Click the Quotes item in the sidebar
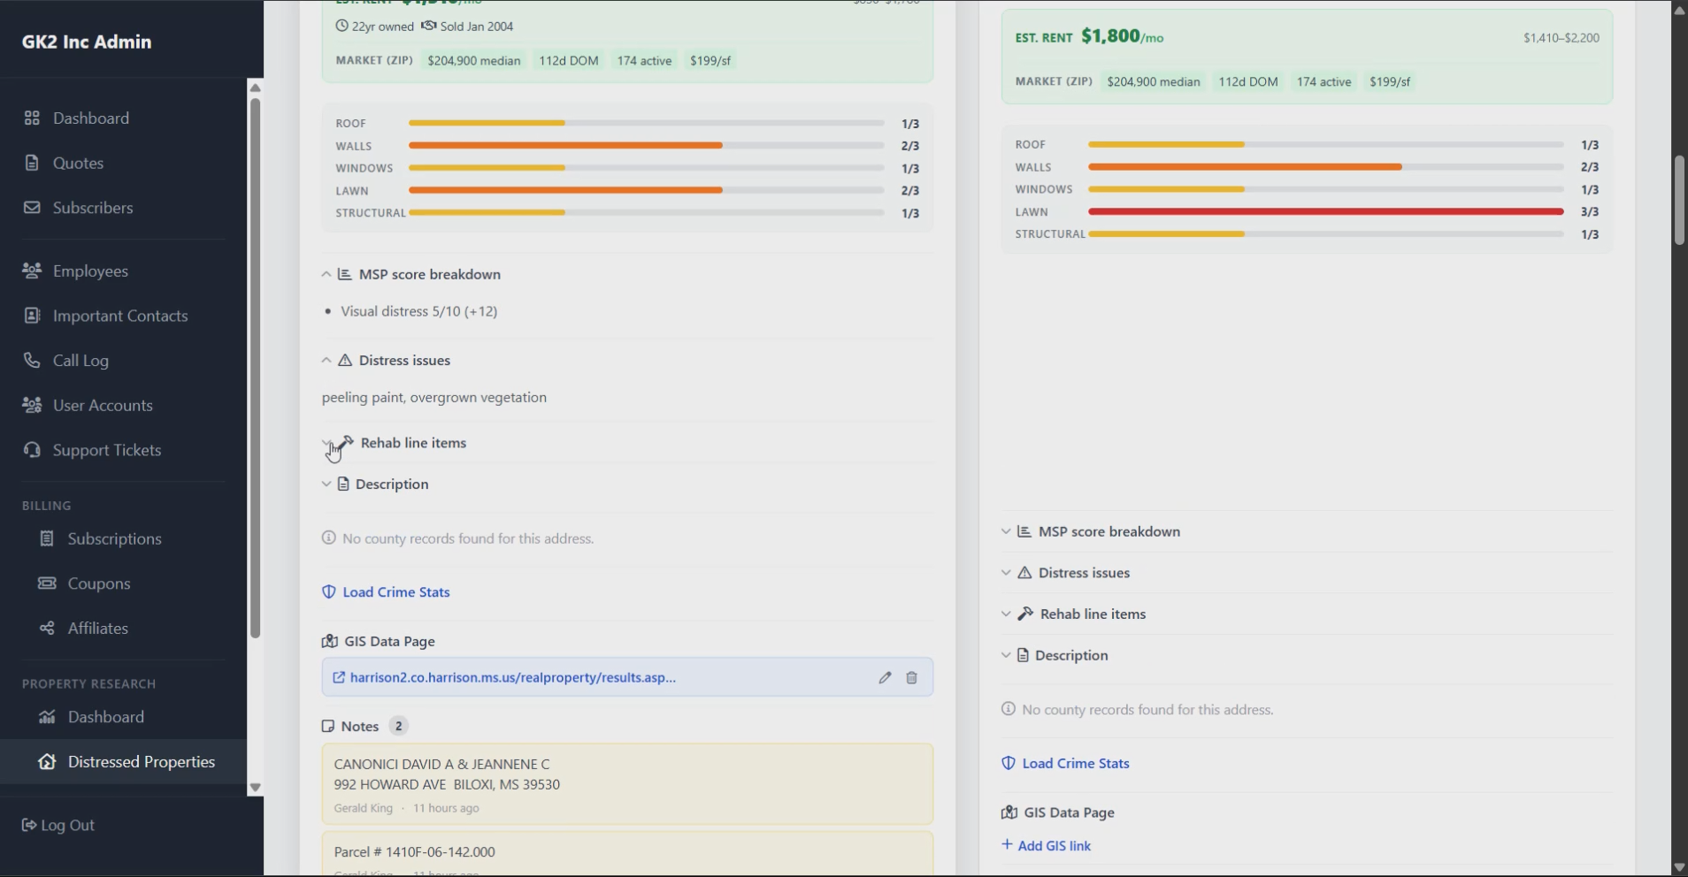78,163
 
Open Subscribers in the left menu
92,208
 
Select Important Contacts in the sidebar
119,316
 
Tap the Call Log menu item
81,361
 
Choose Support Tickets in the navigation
106,450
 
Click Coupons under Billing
98,583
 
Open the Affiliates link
97,629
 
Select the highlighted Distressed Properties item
141,762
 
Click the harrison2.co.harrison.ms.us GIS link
512,678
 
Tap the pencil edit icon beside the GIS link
885,678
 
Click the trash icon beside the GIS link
911,678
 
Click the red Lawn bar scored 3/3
1325,212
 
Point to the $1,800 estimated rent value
1110,36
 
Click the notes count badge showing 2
398,726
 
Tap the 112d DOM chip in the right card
1248,82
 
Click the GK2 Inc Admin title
87,42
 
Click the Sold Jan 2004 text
476,27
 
